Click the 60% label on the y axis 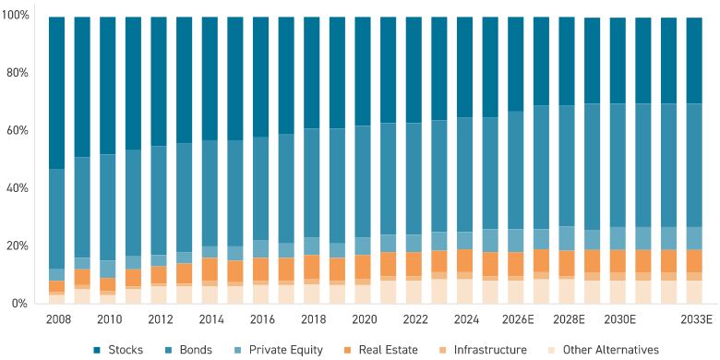click(18, 130)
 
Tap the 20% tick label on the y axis click(18, 246)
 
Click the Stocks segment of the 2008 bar click(56, 92)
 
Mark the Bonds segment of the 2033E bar click(693, 165)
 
